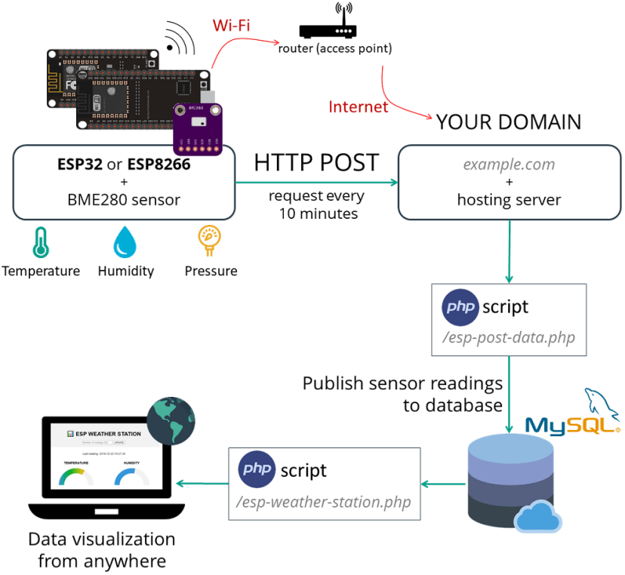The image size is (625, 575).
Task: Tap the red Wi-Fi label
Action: pyautogui.click(x=231, y=26)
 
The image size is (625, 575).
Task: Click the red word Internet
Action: pyautogui.click(x=358, y=106)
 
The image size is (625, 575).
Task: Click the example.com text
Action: pyautogui.click(x=508, y=164)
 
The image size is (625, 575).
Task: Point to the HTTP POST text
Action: pyautogui.click(x=316, y=162)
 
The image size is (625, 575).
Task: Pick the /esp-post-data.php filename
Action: pyautogui.click(x=508, y=337)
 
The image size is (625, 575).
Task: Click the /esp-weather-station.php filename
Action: pyautogui.click(x=325, y=502)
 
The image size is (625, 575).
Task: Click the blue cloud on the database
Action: pyautogui.click(x=537, y=517)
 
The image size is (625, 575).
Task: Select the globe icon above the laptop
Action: pyautogui.click(x=171, y=420)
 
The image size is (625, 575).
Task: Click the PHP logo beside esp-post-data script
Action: pyautogui.click(x=460, y=307)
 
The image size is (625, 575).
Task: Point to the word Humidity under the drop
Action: pyautogui.click(x=125, y=271)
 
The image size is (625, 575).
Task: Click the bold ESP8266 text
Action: pyautogui.click(x=159, y=163)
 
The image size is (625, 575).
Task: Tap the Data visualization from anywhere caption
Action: pyautogui.click(x=101, y=550)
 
